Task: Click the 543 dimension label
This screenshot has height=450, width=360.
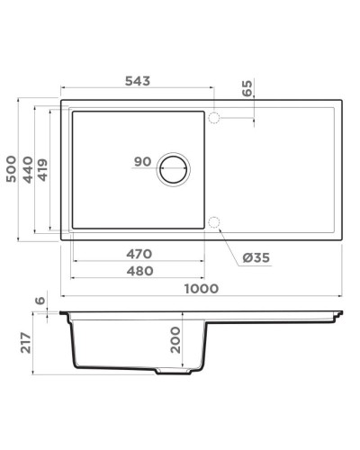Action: pos(137,81)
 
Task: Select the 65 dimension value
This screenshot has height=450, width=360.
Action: pos(247,89)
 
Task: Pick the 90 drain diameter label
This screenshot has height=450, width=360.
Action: pos(142,162)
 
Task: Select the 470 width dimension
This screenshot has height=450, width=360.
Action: pos(137,253)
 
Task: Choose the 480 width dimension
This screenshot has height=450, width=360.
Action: pos(137,270)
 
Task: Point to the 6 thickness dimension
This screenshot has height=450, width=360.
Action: pos(39,301)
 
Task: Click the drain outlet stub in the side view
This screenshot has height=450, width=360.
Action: pos(172,372)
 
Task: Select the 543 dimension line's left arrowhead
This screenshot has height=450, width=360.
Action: pos(64,90)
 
